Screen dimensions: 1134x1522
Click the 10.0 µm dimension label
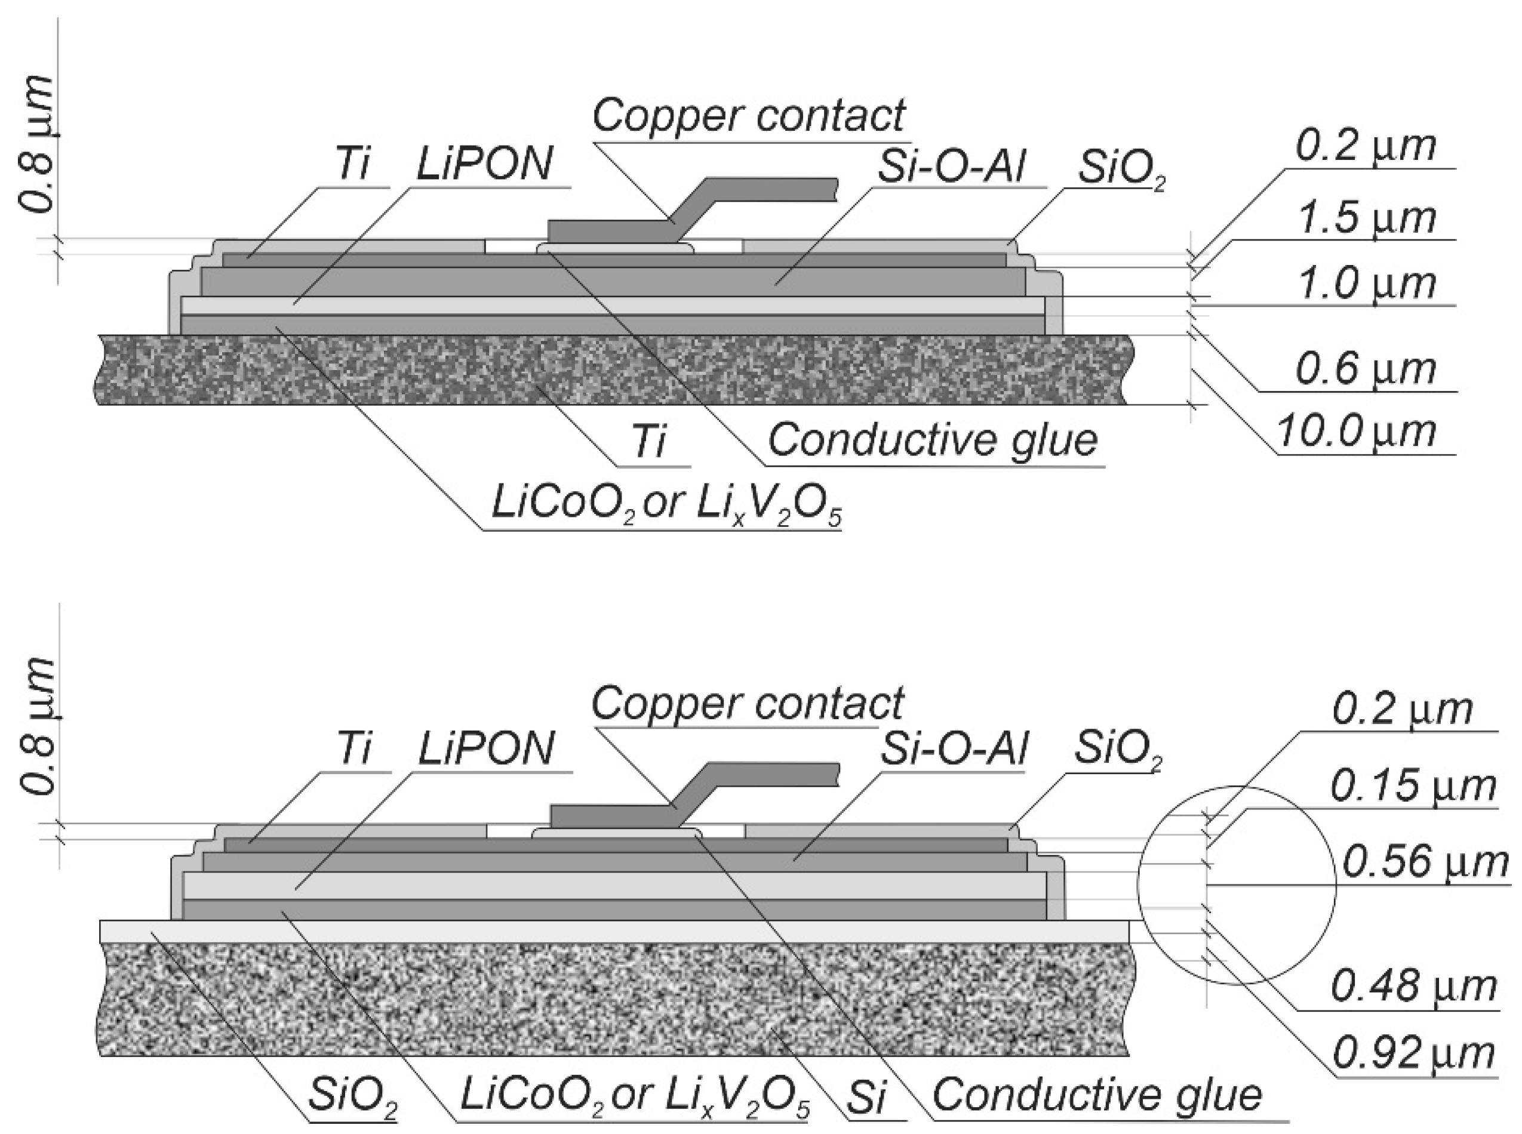1356,432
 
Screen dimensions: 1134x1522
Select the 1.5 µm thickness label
1366,218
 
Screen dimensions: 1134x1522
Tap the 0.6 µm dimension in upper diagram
1366,369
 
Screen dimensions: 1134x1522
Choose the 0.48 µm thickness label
1414,987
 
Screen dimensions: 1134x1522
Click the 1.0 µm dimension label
1366,283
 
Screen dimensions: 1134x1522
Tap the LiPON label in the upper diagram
485,165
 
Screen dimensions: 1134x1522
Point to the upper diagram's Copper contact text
749,115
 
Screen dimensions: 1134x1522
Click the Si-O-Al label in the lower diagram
954,748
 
